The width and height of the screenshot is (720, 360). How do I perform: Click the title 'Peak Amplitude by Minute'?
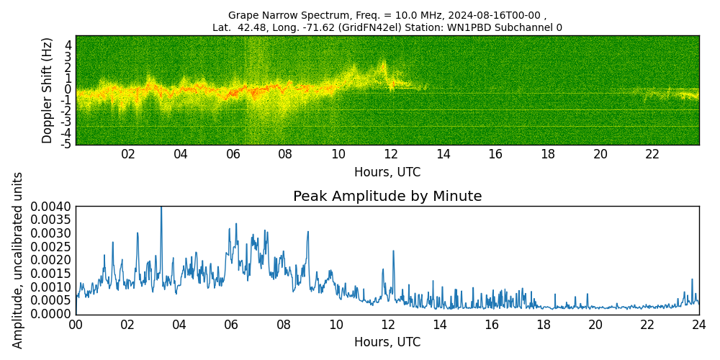pos(387,197)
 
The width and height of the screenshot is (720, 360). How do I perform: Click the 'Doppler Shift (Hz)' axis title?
pos(48,90)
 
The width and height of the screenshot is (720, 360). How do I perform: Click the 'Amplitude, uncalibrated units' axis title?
pos(18,260)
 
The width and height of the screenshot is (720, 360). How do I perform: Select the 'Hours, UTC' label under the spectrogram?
pos(387,173)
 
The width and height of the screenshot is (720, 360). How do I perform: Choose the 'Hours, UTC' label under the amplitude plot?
pos(387,342)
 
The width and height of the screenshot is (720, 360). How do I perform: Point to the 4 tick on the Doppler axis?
pos(68,45)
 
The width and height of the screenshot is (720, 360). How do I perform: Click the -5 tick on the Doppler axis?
pos(66,144)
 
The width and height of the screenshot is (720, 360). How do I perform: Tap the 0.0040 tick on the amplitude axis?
pos(50,207)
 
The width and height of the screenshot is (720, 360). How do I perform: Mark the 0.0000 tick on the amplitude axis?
pos(50,314)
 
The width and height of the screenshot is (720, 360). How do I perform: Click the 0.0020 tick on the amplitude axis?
pos(50,260)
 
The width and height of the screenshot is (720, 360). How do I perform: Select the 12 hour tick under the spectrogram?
pos(390,154)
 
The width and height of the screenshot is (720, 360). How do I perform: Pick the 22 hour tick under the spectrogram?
pos(652,154)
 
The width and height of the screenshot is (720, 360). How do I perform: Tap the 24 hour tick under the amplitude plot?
pos(699,325)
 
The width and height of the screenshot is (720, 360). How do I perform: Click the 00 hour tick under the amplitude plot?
pos(76,325)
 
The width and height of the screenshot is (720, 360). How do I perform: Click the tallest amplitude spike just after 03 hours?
pos(161,208)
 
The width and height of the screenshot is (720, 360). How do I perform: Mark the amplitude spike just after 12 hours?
pos(393,251)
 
